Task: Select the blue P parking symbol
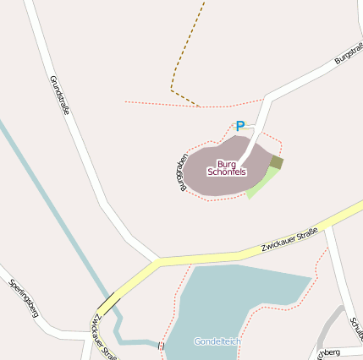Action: coord(239,127)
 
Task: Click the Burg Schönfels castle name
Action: coord(226,167)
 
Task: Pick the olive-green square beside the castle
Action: coord(277,162)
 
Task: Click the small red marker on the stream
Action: coord(160,346)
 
